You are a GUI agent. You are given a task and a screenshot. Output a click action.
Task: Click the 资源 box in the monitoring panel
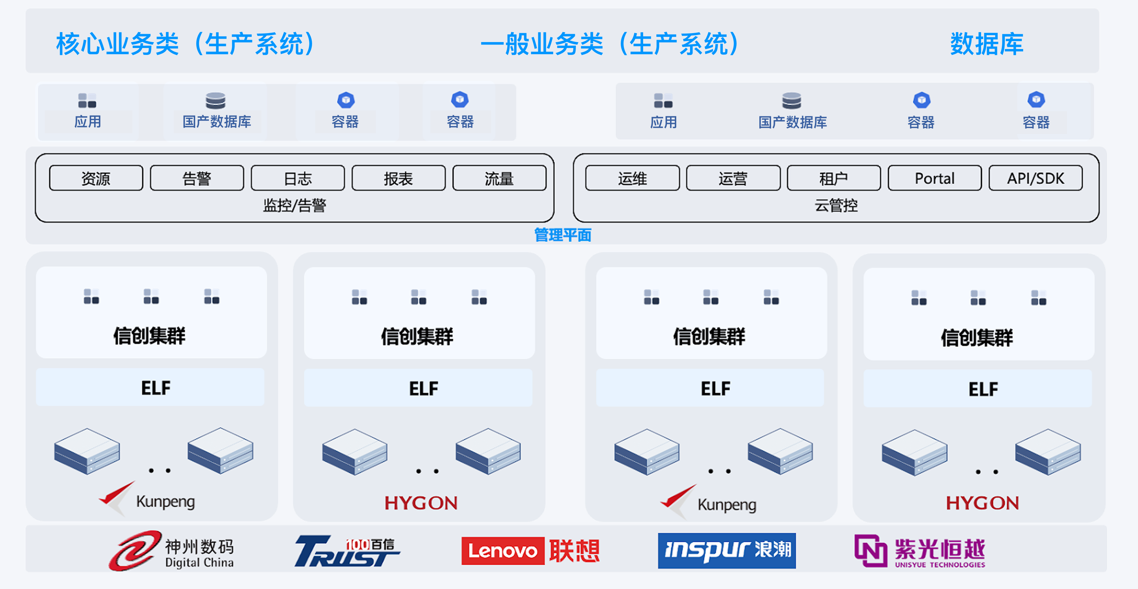(x=96, y=178)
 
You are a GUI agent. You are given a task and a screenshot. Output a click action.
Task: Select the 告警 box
(x=197, y=178)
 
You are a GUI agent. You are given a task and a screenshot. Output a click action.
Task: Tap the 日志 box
(x=298, y=178)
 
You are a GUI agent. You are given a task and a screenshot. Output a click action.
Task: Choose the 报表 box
(x=399, y=178)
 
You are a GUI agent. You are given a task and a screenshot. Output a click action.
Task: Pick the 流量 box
(x=499, y=178)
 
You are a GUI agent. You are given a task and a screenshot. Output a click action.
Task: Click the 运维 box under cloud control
(x=632, y=178)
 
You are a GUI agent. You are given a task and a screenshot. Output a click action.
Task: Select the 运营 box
(x=733, y=178)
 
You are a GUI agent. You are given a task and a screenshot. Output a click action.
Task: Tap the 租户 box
(x=833, y=178)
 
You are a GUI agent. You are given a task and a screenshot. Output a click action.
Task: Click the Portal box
(x=934, y=178)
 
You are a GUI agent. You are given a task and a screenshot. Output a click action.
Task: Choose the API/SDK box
(x=1036, y=178)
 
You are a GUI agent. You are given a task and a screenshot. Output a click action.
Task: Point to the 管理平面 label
(x=562, y=235)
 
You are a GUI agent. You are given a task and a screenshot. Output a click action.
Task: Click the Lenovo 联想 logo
(x=530, y=551)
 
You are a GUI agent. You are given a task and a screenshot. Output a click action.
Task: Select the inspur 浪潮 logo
(x=726, y=551)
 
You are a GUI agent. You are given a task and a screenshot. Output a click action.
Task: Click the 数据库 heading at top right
(x=987, y=44)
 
